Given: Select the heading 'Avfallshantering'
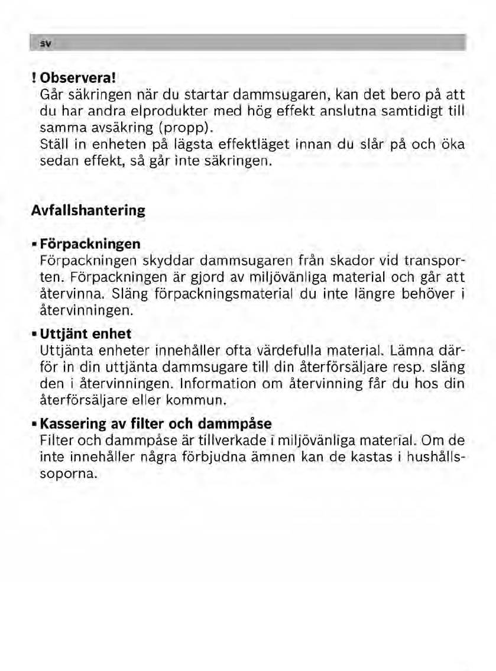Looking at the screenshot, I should [88, 210].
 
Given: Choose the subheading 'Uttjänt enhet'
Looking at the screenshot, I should [85, 335].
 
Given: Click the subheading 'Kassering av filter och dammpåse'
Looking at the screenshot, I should [156, 424].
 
